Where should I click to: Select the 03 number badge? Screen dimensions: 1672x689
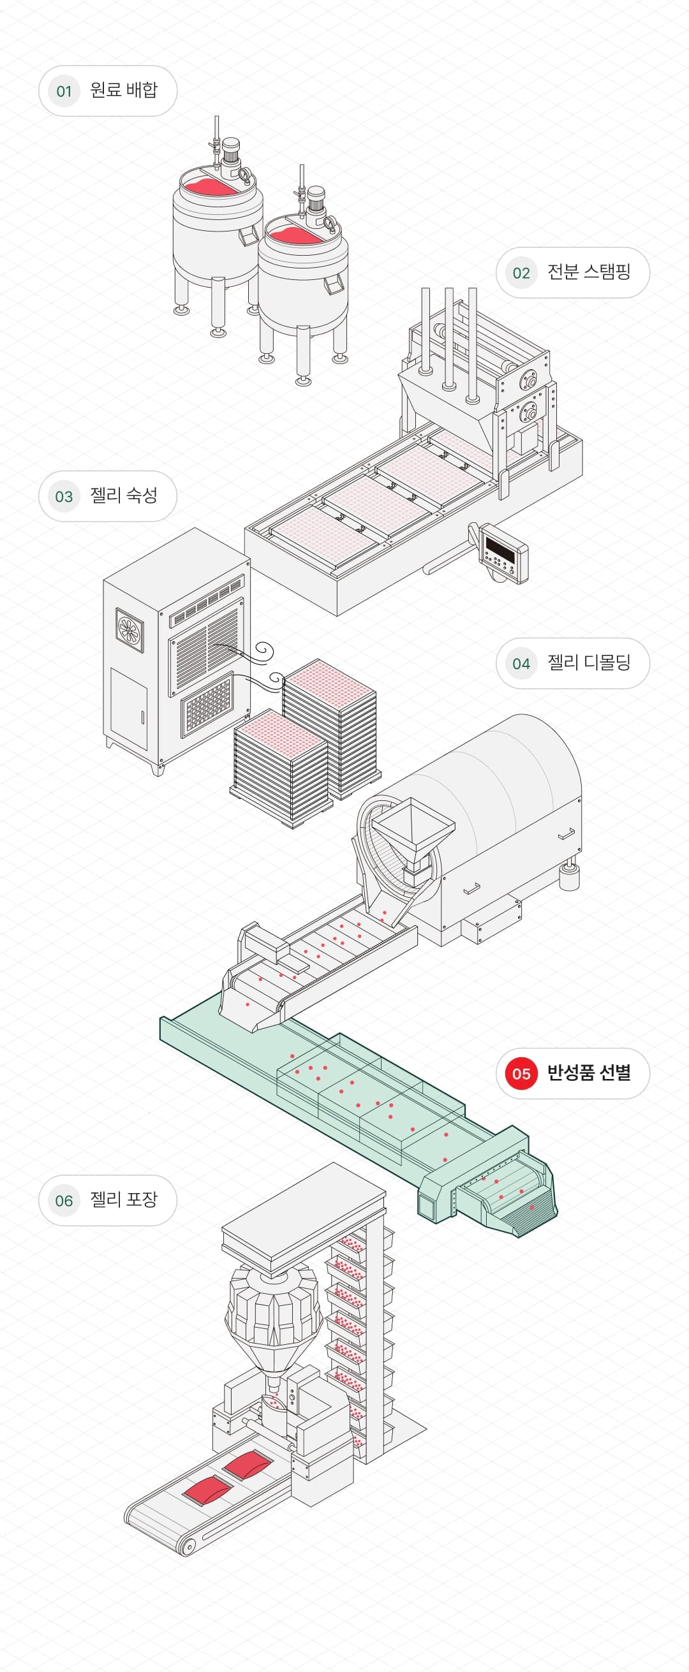tap(64, 497)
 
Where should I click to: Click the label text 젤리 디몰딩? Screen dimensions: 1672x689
tap(588, 663)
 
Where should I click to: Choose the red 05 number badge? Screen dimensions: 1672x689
tap(521, 1073)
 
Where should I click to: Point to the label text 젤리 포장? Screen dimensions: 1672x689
tap(123, 1199)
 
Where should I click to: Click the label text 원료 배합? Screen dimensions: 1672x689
tap(123, 90)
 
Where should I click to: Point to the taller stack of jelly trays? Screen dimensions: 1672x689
tap(329, 727)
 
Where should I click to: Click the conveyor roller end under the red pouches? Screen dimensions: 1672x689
tap(188, 1548)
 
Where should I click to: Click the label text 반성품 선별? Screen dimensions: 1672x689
tap(588, 1073)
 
